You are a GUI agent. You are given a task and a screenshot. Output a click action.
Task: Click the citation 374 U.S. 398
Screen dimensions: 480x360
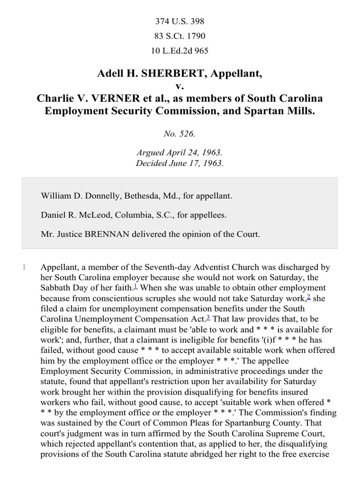(x=180, y=21)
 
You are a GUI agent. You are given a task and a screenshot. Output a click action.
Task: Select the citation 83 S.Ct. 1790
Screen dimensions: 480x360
(x=180, y=36)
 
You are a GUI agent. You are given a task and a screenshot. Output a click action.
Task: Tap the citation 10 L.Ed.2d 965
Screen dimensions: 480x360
(x=180, y=51)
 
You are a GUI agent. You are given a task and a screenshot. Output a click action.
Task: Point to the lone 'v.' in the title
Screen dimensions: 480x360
(x=180, y=86)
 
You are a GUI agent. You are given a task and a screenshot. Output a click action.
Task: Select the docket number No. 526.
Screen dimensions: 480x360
(x=180, y=134)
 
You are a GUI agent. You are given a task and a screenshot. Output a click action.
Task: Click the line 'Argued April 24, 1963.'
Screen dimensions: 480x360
(x=180, y=153)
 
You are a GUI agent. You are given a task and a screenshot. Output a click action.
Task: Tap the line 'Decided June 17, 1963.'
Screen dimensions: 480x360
(x=180, y=164)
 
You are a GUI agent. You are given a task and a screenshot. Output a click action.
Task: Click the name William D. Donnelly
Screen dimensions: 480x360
(x=75, y=196)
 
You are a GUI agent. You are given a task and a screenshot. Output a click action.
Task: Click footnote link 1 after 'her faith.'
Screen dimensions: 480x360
(x=135, y=286)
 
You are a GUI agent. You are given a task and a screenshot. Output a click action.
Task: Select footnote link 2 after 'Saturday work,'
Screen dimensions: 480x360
(x=308, y=297)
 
